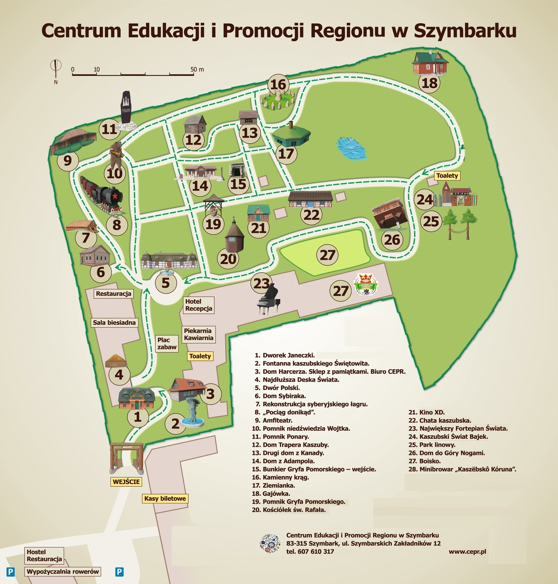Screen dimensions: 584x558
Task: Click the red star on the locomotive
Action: tap(115, 196)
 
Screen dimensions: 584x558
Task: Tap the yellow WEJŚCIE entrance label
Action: tap(126, 482)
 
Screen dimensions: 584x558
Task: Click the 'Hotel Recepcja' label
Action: tap(198, 305)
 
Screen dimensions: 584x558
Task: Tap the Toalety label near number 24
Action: tap(447, 176)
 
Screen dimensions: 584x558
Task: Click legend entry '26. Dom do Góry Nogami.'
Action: tap(452, 453)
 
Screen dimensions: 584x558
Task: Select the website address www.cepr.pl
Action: tap(467, 551)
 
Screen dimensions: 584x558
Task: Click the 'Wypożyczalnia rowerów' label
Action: tap(62, 571)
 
